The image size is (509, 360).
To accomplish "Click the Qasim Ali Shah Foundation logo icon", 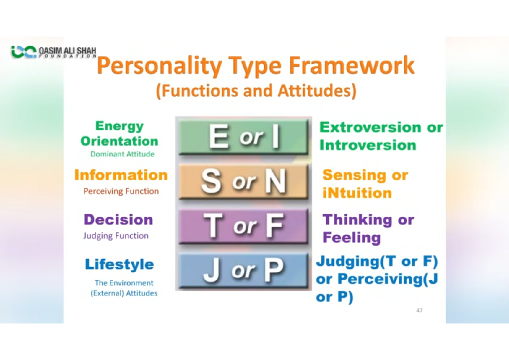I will click(24, 52).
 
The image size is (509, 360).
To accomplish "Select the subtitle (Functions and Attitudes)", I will click(256, 91).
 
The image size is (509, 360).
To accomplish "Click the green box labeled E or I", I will click(243, 137).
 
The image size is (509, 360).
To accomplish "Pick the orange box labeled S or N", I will click(243, 182).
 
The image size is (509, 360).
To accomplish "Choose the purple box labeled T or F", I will click(243, 226).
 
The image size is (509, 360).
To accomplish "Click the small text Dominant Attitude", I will click(122, 154).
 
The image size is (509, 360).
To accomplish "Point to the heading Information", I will click(121, 175).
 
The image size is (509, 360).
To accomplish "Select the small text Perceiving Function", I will click(121, 191).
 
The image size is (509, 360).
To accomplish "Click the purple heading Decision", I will click(118, 220).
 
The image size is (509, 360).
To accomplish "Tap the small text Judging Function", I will click(116, 236).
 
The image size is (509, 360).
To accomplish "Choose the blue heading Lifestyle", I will click(119, 264).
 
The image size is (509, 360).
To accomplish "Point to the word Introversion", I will click(368, 145).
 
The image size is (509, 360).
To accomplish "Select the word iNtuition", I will click(357, 193).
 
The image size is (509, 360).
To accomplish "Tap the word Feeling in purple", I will click(352, 238).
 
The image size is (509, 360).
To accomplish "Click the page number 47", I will click(419, 310).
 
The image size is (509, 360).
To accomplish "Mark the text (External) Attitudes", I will click(124, 293).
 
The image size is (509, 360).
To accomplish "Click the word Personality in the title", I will click(159, 66).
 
